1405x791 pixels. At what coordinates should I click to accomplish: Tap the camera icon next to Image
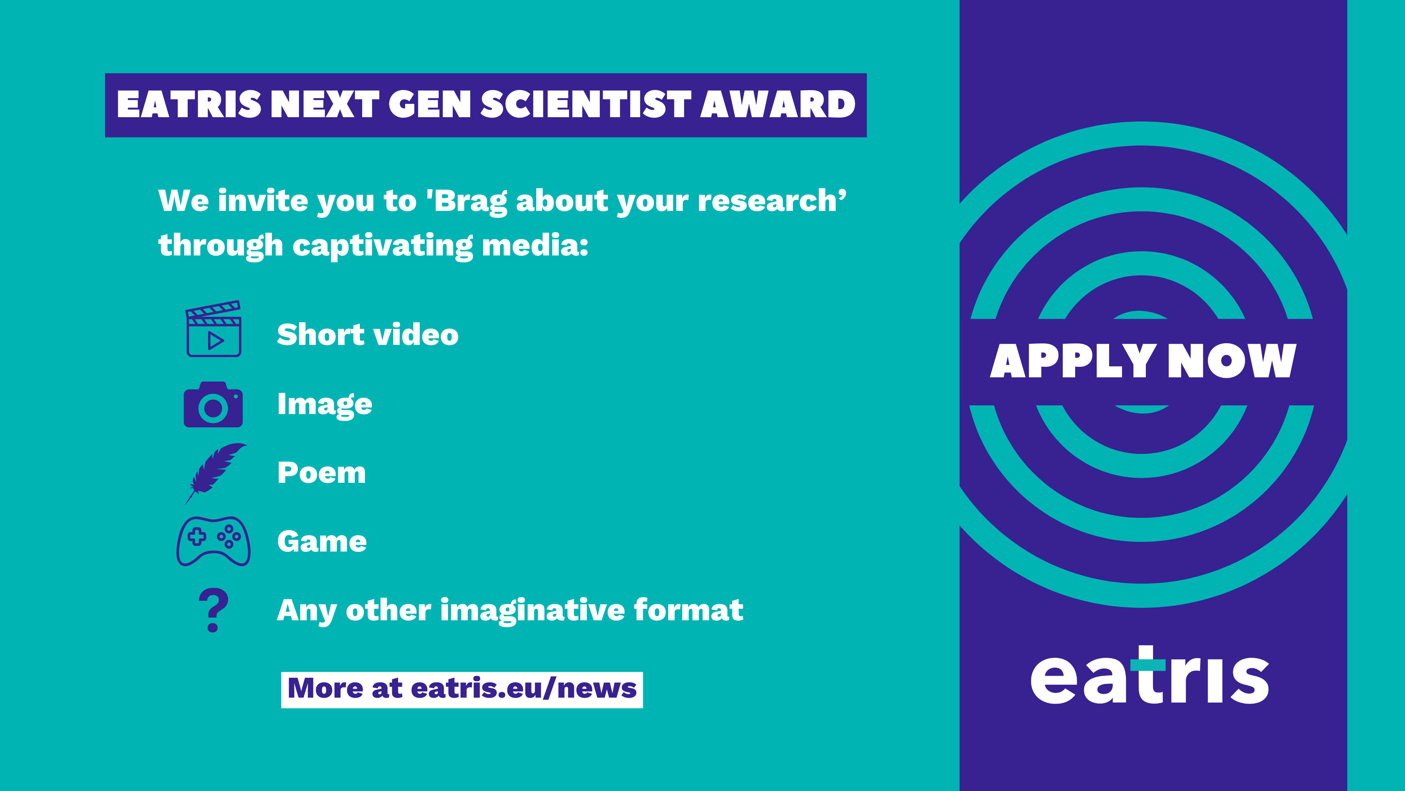(x=213, y=405)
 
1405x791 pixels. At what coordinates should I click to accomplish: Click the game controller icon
(x=213, y=541)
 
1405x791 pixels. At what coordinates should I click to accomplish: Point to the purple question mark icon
(x=213, y=610)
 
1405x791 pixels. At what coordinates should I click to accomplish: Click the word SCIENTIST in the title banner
(x=586, y=104)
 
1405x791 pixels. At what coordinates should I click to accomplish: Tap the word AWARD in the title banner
(x=778, y=104)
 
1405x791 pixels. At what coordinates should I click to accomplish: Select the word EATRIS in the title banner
(x=189, y=104)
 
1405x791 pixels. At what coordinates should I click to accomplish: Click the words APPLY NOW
(x=1143, y=361)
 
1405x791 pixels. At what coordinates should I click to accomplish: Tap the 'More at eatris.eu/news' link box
(x=462, y=690)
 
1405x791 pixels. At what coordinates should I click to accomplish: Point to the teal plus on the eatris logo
(x=1147, y=663)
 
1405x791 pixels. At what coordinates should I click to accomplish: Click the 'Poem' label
(x=321, y=473)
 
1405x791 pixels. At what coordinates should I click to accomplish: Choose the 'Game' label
(x=322, y=541)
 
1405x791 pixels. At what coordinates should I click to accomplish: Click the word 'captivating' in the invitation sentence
(x=383, y=246)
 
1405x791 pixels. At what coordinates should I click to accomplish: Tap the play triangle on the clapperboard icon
(x=215, y=341)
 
